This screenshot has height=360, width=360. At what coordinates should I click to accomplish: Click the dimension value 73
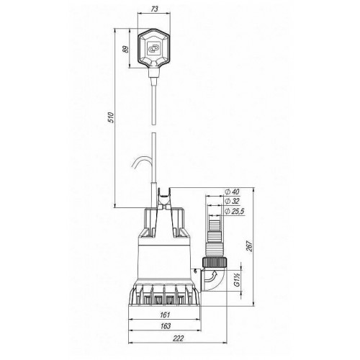155,9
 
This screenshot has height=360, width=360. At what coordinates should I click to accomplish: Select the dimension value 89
126,49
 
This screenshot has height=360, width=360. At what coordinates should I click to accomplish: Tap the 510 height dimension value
111,117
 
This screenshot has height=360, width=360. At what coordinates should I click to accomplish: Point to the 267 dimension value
250,246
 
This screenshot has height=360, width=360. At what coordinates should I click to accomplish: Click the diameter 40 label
232,192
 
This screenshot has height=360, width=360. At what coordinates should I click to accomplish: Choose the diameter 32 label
232,201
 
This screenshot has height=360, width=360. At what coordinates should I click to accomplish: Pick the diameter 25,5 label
235,211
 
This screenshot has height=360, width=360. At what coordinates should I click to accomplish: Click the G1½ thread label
237,280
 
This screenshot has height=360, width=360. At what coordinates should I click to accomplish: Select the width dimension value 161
165,315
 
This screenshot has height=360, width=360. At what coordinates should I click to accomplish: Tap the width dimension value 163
166,325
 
